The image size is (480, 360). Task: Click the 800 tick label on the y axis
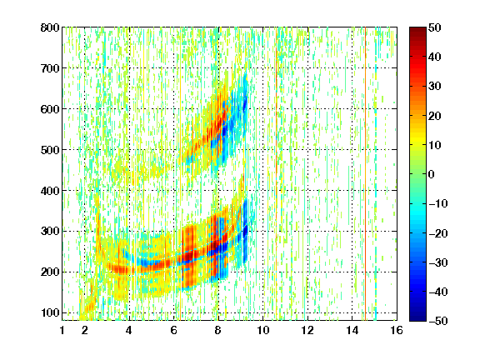pyautogui.click(x=50, y=27)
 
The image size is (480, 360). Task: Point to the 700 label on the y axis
pyautogui.click(x=50, y=68)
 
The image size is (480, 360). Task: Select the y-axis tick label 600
pyautogui.click(x=50, y=109)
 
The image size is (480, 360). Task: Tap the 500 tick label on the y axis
pyautogui.click(x=50, y=150)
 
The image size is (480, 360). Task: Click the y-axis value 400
pyautogui.click(x=50, y=191)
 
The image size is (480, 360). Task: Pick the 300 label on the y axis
pyautogui.click(x=50, y=231)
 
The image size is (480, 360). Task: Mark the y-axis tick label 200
pyautogui.click(x=50, y=272)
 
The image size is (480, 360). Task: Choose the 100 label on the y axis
pyautogui.click(x=50, y=312)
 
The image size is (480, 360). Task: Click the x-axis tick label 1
pyautogui.click(x=62, y=330)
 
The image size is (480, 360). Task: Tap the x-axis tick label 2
pyautogui.click(x=85, y=330)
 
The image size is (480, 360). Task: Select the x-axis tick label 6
pyautogui.click(x=173, y=330)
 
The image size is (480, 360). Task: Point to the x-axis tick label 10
pyautogui.click(x=262, y=330)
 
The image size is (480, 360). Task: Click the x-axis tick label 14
pyautogui.click(x=352, y=330)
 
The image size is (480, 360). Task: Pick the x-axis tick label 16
pyautogui.click(x=397, y=330)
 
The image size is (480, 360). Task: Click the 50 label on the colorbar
pyautogui.click(x=434, y=27)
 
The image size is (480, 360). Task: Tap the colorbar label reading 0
pyautogui.click(x=431, y=174)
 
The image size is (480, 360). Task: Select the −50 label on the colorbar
pyautogui.click(x=437, y=321)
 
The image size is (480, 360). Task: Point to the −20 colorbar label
pyautogui.click(x=437, y=233)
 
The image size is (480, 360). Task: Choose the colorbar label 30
pyautogui.click(x=434, y=87)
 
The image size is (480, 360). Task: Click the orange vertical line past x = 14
pyautogui.click(x=365, y=173)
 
